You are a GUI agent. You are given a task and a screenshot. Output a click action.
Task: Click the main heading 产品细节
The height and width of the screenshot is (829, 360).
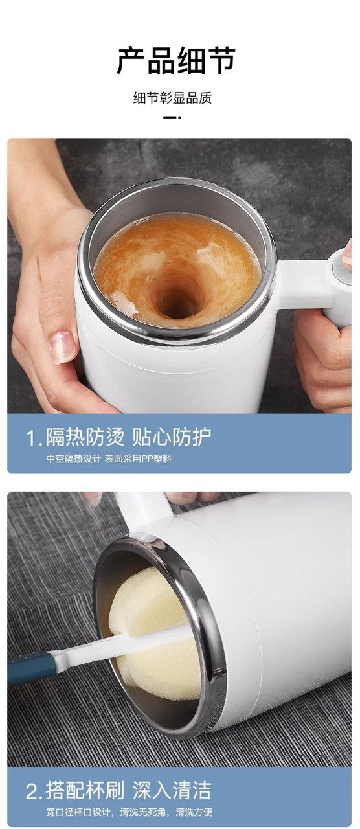pos(176,61)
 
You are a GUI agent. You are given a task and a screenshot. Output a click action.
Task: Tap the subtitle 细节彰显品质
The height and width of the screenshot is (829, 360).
pos(172,98)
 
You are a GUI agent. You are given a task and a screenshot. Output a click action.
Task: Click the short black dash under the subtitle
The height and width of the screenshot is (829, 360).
pos(172,117)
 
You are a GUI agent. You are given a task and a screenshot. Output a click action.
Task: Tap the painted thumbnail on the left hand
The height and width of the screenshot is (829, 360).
pos(63,346)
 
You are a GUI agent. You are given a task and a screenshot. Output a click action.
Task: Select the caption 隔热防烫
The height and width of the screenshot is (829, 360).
pos(85,437)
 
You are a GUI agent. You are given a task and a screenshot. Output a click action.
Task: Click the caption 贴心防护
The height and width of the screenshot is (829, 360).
pos(172,437)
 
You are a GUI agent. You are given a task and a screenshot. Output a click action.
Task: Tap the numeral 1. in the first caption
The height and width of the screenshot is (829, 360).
pos(34,438)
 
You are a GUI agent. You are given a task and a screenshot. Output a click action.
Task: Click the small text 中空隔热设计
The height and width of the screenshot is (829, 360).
pos(73,459)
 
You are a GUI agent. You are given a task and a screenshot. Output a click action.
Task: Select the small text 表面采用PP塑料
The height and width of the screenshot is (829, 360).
pos(138,459)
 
